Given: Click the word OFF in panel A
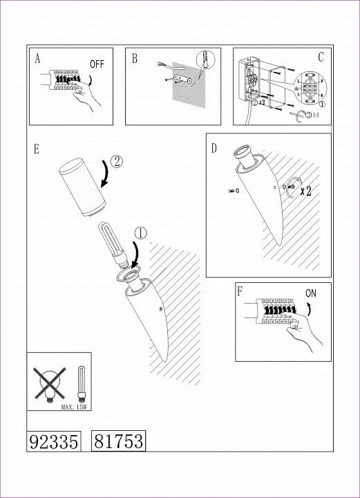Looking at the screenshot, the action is click(x=97, y=64).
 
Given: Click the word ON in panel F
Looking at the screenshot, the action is click(x=311, y=293).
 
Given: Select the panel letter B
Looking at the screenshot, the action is click(x=135, y=59).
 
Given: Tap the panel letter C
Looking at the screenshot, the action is click(x=321, y=57).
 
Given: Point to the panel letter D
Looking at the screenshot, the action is click(x=214, y=148).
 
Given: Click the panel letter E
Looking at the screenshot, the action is click(x=37, y=149).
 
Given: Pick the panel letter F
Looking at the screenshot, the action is click(x=240, y=292).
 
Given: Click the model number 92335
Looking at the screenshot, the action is click(x=54, y=441).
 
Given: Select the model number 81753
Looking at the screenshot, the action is click(x=119, y=441).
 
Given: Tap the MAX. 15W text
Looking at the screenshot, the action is click(x=74, y=407).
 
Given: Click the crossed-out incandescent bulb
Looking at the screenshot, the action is click(x=50, y=384).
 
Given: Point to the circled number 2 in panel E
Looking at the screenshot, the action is click(x=116, y=162).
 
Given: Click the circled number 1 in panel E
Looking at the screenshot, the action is click(x=141, y=234).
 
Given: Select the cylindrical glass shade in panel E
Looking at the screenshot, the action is click(x=82, y=187).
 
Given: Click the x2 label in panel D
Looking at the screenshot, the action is click(x=306, y=191).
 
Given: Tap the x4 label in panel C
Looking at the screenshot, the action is click(x=316, y=115).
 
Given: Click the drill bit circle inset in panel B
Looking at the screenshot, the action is click(x=205, y=60).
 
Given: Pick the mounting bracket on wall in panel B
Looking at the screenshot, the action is click(x=182, y=78).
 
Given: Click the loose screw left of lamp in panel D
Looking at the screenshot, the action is click(x=234, y=191).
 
